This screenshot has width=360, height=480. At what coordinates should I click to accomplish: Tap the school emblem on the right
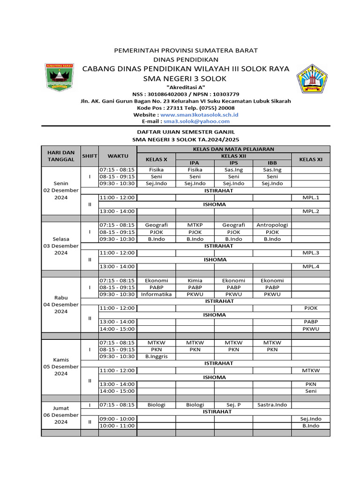314,78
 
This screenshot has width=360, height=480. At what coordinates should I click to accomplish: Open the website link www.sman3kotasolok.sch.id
199,114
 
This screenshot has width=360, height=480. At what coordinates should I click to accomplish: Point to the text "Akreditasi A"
186,88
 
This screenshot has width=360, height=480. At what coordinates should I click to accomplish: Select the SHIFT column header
89,156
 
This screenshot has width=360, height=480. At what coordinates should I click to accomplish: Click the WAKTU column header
117,156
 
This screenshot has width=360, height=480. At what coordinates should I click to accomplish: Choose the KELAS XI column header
311,159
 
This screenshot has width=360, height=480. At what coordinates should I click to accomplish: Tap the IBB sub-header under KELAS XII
272,163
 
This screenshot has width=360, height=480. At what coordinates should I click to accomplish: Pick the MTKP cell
195,225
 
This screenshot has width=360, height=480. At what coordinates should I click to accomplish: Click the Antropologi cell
272,225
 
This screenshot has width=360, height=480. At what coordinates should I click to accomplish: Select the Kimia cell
195,280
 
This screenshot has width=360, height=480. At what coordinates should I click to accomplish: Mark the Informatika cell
156,294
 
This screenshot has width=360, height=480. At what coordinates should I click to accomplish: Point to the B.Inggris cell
156,356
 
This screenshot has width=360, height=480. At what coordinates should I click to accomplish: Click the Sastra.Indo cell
272,405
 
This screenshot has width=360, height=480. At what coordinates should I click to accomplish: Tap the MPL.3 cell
311,253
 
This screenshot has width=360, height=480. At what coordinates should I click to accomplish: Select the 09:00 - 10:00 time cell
117,419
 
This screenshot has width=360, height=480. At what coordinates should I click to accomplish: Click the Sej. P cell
233,405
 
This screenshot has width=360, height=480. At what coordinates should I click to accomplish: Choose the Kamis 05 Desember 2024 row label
61,367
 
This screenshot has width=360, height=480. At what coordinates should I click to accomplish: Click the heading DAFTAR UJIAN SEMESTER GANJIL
186,133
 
